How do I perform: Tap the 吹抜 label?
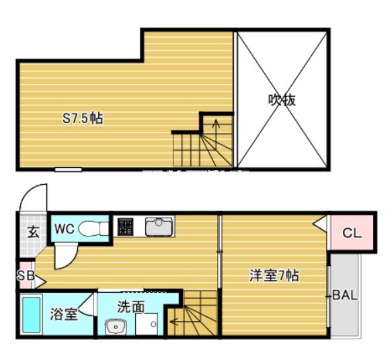282,101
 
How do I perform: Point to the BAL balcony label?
346,295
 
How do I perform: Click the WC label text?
65,228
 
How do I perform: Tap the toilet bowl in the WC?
92,229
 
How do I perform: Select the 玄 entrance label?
32,232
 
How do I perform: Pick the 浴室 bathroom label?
64,313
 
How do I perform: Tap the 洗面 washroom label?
130,307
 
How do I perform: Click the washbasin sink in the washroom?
115,326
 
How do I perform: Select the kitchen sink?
159,227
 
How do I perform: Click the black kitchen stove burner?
125,227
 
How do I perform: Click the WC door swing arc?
66,255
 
